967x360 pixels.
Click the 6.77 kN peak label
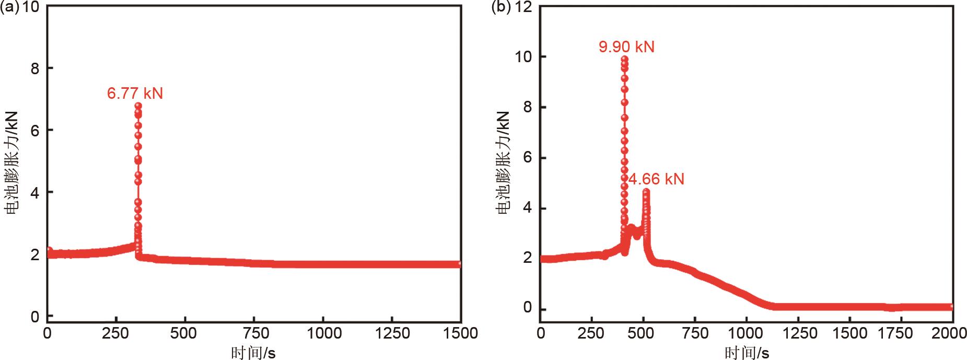pos(135,94)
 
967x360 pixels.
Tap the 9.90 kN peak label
pos(626,47)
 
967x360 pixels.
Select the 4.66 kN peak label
pos(656,179)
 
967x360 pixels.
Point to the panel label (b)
pos(503,8)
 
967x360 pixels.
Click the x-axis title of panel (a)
pos(253,353)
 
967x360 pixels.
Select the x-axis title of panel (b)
pos(747,353)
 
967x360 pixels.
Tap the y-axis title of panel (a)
pos(11,162)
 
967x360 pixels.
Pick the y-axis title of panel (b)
pos(504,162)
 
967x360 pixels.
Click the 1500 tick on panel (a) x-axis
pos(460,333)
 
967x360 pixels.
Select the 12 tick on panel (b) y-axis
pos(525,8)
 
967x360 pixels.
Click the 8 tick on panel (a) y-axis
pos(34,68)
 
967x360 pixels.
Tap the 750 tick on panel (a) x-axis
pos(253,333)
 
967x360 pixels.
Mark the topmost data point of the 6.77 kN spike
pos(138,106)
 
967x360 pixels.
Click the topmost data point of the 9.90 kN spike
pos(624,59)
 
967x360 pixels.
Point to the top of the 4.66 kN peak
pos(646,192)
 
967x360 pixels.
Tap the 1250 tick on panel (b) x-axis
pos(798,333)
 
